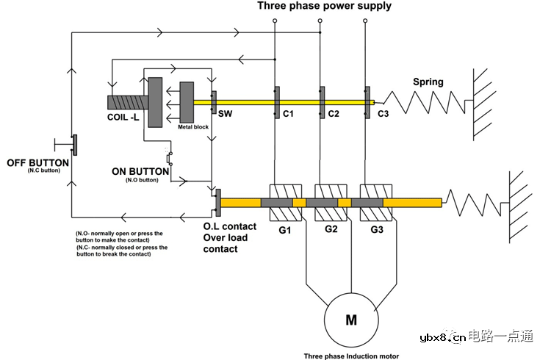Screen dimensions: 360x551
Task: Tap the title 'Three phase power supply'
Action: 324,7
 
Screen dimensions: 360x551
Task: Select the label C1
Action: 288,115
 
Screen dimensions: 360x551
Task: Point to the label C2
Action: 333,115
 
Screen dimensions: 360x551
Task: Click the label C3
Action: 383,115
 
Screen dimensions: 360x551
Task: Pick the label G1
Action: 284,231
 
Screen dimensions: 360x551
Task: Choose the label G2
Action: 331,231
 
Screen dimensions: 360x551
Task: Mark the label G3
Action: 376,231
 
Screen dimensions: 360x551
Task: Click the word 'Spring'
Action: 428,82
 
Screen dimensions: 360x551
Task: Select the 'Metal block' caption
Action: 192,127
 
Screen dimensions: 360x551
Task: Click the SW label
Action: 223,114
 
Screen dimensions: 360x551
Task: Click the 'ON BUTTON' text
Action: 140,172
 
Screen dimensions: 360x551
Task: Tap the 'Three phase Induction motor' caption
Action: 350,356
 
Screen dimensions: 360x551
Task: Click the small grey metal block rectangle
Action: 186,102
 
